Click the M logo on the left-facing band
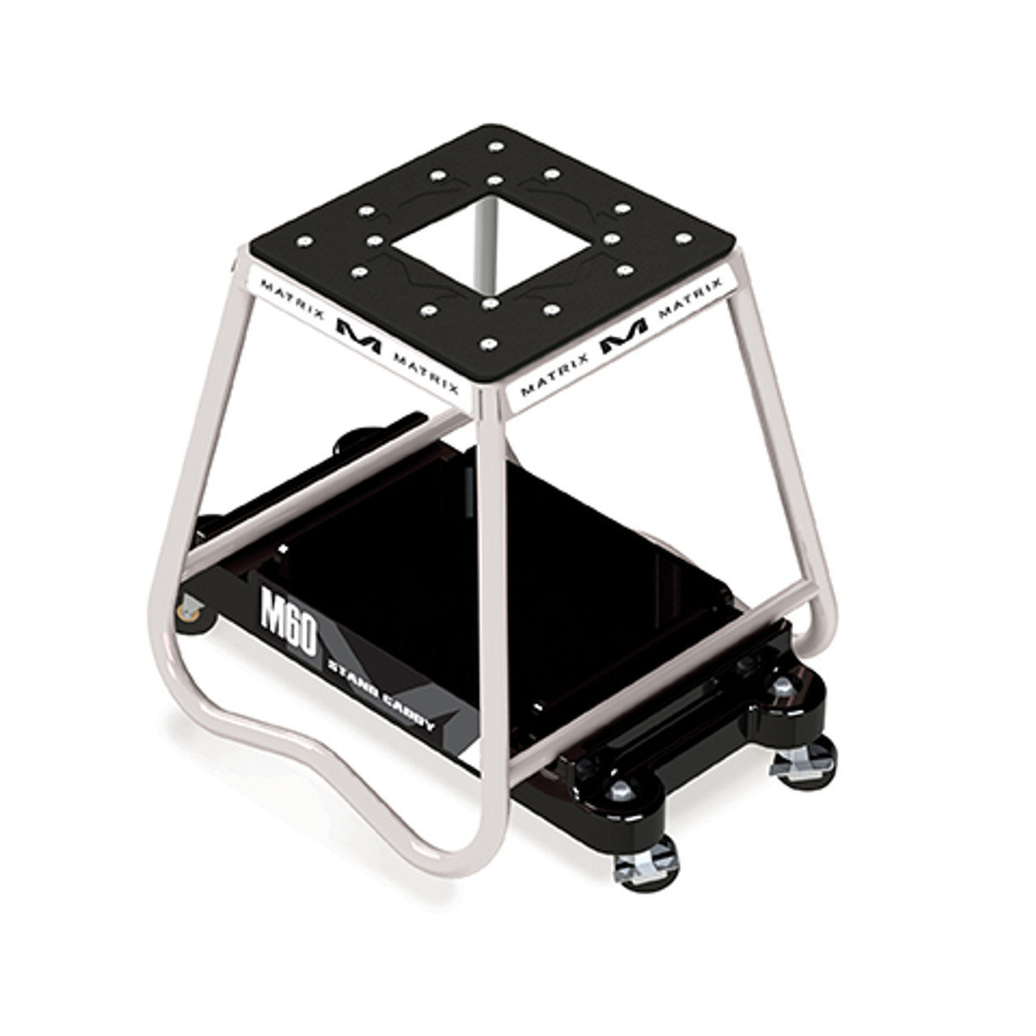click(357, 333)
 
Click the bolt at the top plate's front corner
click(486, 344)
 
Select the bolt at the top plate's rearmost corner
click(495, 147)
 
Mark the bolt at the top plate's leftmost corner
click(305, 241)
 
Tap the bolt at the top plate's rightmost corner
click(683, 239)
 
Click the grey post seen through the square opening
click(485, 243)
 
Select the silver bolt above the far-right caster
click(782, 689)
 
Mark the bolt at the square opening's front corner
click(489, 304)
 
